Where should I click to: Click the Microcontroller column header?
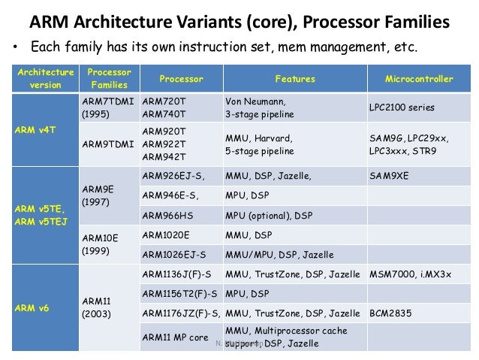[418, 79]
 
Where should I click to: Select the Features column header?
[294, 79]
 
